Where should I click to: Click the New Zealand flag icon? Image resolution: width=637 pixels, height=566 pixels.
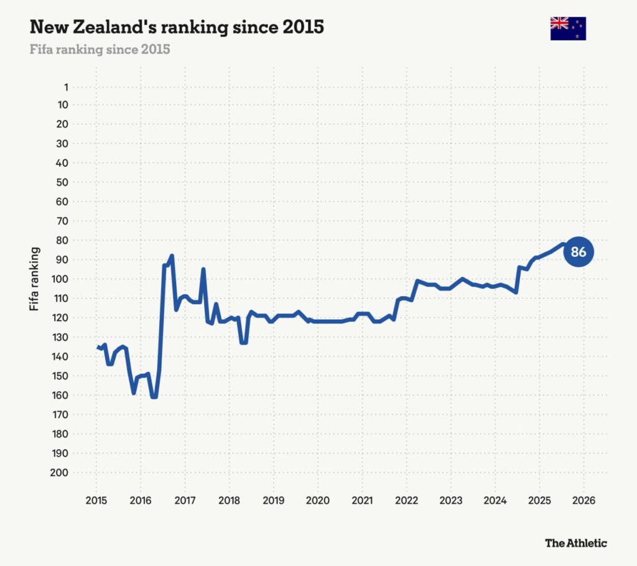tap(568, 29)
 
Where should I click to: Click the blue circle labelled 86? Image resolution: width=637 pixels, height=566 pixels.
tap(579, 252)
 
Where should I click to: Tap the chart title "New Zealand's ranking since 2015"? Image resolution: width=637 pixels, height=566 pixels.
tap(177, 27)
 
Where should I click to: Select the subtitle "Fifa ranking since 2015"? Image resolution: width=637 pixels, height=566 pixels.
tap(100, 49)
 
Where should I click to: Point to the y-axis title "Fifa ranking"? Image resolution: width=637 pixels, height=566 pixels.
tap(35, 279)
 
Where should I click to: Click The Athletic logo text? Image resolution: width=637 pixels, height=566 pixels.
tap(575, 543)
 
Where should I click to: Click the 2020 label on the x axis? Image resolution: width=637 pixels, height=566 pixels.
tap(317, 500)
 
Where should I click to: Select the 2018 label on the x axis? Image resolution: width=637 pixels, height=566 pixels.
tap(229, 500)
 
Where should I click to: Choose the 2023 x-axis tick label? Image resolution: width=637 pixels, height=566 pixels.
tap(450, 500)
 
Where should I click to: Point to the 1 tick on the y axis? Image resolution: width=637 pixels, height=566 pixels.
tap(65, 87)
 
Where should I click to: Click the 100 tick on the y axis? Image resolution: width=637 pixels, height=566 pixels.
tap(60, 279)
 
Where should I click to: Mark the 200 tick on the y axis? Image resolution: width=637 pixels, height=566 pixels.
tap(60, 473)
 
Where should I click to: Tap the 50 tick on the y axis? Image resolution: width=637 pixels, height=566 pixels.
tap(62, 182)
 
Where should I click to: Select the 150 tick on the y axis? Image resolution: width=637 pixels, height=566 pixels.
tap(60, 376)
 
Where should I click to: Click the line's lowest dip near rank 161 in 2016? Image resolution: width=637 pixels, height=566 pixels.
tap(154, 397)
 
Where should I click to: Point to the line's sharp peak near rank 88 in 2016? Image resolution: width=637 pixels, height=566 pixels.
tap(172, 256)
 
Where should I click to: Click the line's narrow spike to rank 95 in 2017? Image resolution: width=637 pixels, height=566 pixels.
tap(203, 269)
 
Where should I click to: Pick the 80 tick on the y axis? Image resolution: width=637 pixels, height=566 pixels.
tap(62, 240)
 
